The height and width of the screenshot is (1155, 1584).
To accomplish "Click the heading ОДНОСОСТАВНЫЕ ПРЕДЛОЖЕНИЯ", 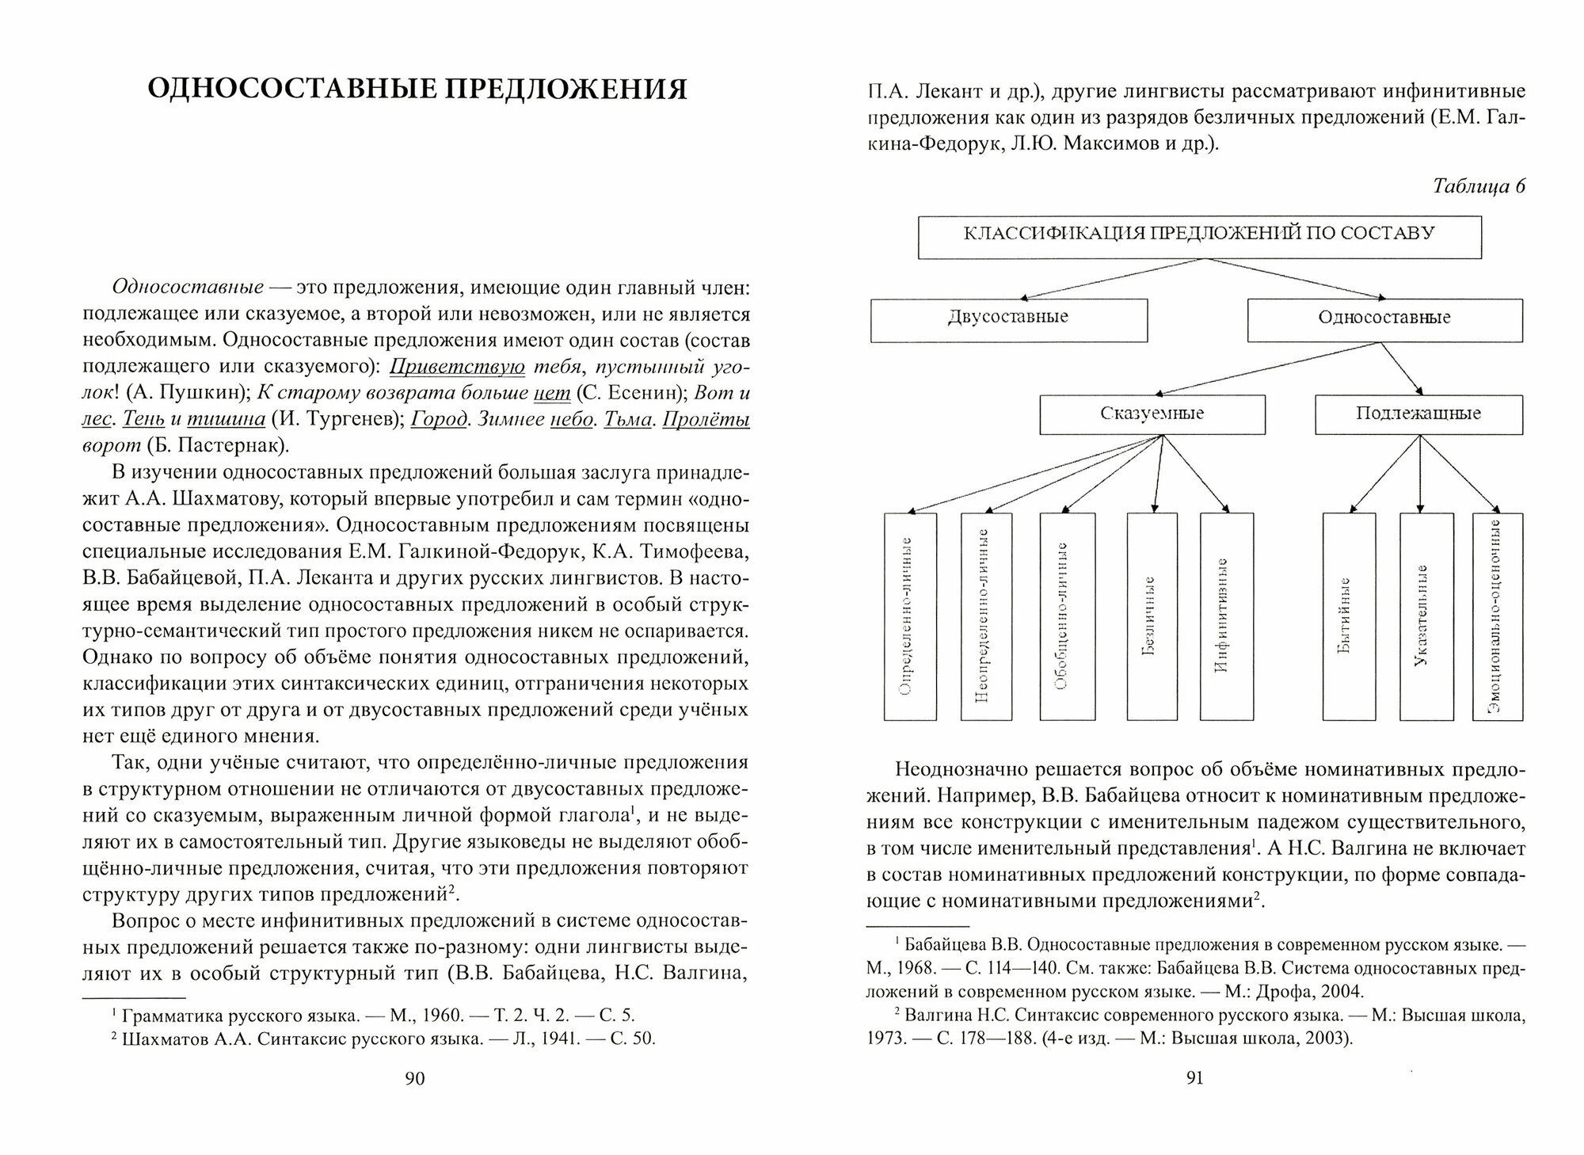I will [x=417, y=90].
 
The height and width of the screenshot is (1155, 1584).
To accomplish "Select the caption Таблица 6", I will [x=1479, y=186].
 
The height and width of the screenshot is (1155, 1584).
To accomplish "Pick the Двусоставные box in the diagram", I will [x=1008, y=319].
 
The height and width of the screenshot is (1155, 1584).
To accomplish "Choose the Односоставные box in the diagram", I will [x=1384, y=319].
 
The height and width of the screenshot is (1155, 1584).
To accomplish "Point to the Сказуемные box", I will [x=1152, y=414].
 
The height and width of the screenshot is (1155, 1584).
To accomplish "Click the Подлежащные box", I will [x=1418, y=414].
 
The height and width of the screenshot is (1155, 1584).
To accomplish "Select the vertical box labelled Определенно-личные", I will [x=910, y=616].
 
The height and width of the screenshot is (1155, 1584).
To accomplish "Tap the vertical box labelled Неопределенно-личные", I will [x=986, y=616].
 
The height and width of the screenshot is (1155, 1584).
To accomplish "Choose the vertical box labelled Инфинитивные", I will [x=1226, y=616].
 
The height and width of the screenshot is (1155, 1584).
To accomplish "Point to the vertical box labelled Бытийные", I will [x=1349, y=616].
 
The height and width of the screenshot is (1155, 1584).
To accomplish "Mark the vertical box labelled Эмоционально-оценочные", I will [x=1497, y=616].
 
